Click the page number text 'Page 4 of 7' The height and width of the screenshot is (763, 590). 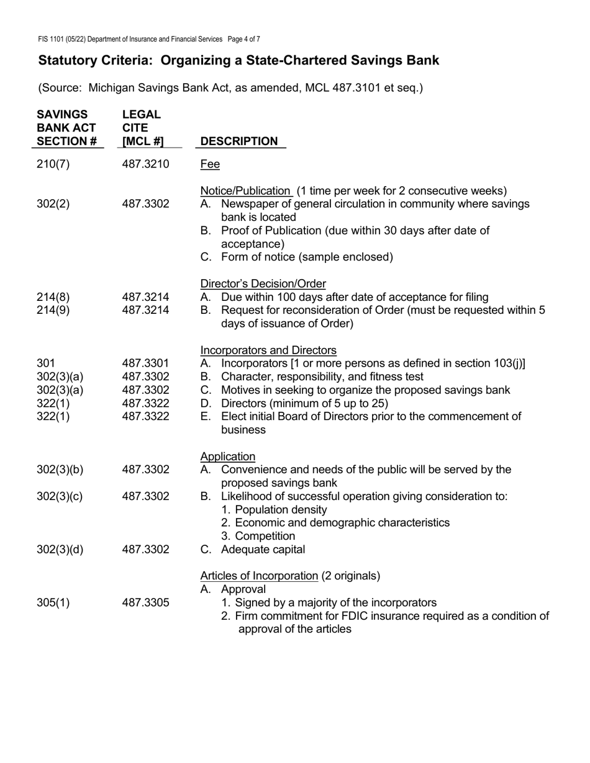point(244,39)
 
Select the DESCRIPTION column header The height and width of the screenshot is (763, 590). point(239,141)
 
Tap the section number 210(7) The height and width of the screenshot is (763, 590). point(53,164)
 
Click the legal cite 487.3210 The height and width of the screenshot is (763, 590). point(146,164)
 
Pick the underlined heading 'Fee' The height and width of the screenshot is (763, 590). point(210,164)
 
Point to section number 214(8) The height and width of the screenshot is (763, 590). point(53,297)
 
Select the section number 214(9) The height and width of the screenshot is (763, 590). point(53,310)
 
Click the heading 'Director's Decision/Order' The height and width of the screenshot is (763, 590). point(263,283)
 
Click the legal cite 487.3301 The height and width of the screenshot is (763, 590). point(146,364)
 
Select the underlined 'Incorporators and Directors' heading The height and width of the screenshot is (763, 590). point(268,350)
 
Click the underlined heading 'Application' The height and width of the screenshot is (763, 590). point(227,457)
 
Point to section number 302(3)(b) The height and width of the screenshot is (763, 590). point(60,470)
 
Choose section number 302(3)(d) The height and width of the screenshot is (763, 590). point(60,550)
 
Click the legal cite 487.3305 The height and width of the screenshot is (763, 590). point(146,602)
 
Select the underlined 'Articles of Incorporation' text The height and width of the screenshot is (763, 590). point(259,576)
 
